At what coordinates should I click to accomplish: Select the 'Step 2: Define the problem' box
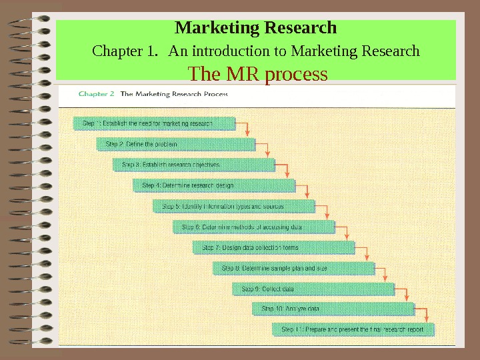(x=177, y=144)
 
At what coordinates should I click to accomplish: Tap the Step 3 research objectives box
(x=194, y=164)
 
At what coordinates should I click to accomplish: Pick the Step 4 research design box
(x=214, y=185)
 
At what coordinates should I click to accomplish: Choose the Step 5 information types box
(x=233, y=206)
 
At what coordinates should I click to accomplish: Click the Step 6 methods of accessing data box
(x=253, y=227)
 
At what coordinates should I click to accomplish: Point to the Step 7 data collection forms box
(x=273, y=247)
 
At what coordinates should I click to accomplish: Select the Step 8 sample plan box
(x=293, y=268)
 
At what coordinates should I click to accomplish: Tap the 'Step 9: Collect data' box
(x=313, y=289)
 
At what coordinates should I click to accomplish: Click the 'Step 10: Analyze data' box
(x=333, y=309)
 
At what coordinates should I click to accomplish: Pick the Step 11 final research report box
(x=353, y=329)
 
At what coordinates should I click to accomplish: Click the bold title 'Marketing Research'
(x=255, y=29)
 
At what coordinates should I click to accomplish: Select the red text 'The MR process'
(x=259, y=73)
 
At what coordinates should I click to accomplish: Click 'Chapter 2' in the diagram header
(x=96, y=94)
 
